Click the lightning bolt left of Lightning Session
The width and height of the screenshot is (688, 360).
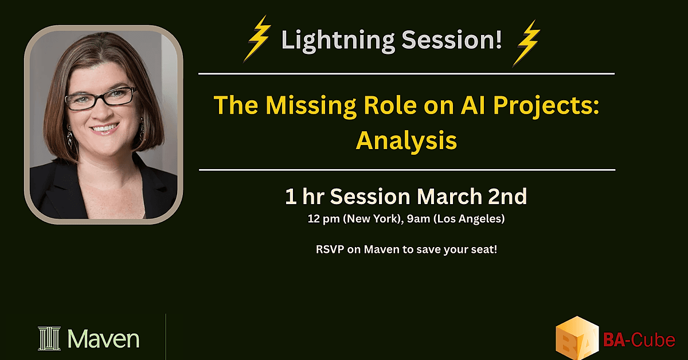(x=257, y=39)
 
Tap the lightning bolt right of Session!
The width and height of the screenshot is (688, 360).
(x=526, y=43)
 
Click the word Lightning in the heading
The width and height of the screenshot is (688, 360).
(x=338, y=41)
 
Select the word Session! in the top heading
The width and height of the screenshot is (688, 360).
(x=452, y=40)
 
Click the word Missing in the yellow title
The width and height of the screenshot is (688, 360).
(x=311, y=106)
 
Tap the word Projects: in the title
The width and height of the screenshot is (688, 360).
(x=546, y=106)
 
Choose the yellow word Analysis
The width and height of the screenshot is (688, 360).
(x=406, y=141)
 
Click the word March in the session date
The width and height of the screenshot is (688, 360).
(x=449, y=196)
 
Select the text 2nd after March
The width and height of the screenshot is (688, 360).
(x=507, y=196)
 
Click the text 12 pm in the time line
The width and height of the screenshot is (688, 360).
(x=324, y=219)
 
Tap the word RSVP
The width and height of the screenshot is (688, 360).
(x=330, y=249)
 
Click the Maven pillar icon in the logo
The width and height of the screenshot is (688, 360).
(x=49, y=338)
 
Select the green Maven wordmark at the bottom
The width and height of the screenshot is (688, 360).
(x=104, y=339)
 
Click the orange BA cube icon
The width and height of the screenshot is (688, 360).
(x=577, y=338)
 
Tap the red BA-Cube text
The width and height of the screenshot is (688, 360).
(x=639, y=340)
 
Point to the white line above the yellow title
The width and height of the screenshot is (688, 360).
(x=406, y=74)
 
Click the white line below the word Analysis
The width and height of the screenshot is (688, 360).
(x=407, y=170)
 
